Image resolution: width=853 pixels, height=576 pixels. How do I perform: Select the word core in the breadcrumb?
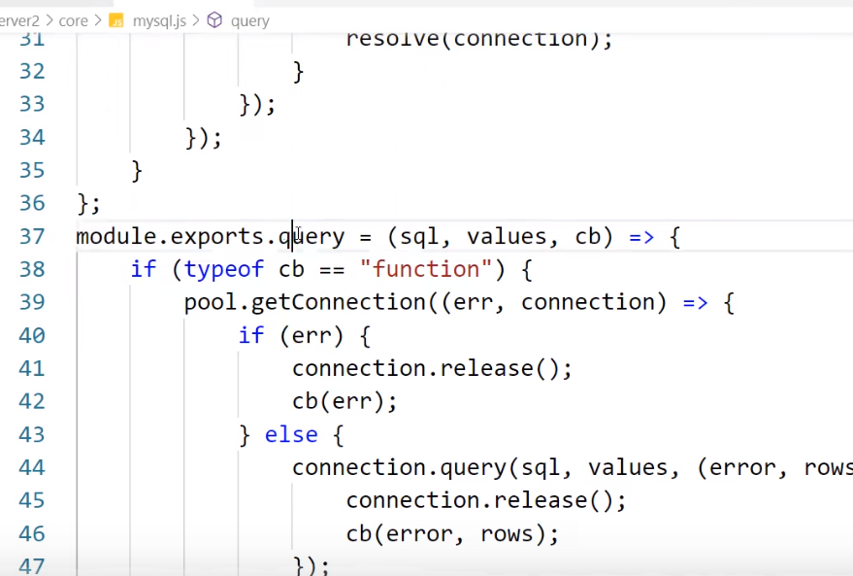coord(73,20)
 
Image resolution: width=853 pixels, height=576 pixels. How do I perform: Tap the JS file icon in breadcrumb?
coord(116,20)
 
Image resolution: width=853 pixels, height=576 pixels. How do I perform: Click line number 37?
coord(32,237)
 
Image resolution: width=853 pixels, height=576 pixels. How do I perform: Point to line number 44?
coord(32,468)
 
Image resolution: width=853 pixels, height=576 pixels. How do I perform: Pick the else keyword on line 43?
coord(291,434)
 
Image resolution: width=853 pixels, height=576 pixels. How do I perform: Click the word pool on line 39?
coord(212,302)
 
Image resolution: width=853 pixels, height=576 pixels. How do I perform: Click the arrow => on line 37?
coord(640,237)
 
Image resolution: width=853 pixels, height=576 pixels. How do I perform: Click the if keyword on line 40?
coord(251,335)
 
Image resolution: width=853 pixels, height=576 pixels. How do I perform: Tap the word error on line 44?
coord(742,468)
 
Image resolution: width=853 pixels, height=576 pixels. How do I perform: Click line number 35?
coord(32,170)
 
